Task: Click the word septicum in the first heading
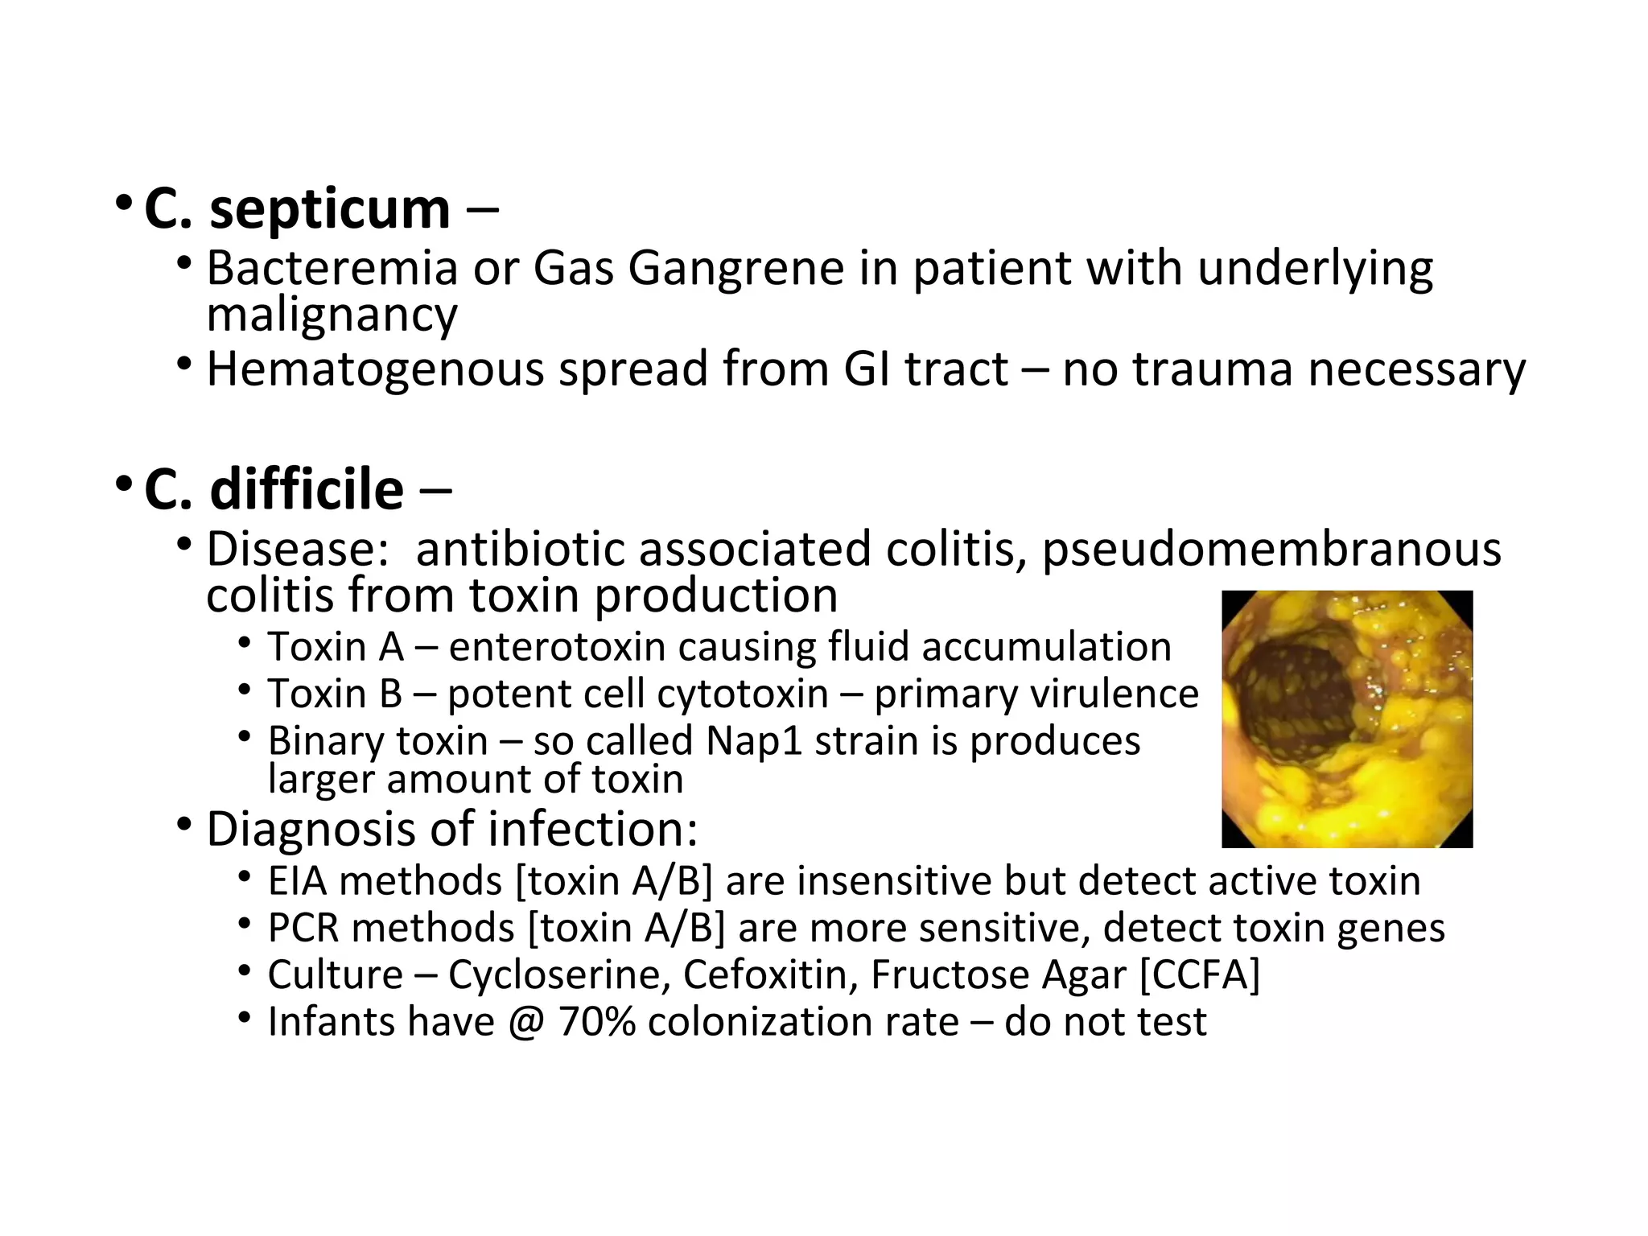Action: (329, 211)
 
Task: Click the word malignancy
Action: (332, 315)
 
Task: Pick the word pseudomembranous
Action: (1271, 550)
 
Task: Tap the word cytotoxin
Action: (718, 694)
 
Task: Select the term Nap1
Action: (754, 741)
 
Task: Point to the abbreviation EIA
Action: (297, 881)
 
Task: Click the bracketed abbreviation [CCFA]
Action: (1200, 975)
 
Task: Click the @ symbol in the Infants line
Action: (526, 1023)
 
